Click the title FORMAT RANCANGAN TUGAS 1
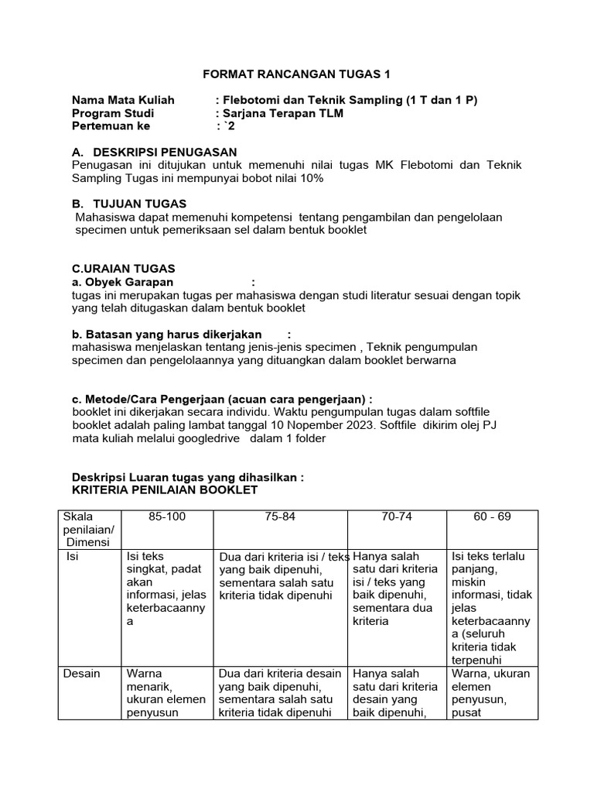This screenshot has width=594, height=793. [297, 74]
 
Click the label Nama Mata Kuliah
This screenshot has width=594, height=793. [123, 100]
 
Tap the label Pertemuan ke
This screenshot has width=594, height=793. [111, 126]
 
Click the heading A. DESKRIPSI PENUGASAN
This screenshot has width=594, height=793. [154, 152]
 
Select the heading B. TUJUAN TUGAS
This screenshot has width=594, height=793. [128, 204]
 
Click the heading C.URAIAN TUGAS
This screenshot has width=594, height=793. [124, 269]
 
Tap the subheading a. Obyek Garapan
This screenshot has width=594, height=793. [122, 282]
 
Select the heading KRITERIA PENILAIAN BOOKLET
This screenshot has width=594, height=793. [165, 490]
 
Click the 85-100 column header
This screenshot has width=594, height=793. [167, 517]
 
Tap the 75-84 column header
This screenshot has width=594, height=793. [280, 517]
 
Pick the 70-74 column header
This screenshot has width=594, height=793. [397, 517]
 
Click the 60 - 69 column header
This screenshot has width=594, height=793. [493, 517]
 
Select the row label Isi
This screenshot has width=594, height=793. [73, 556]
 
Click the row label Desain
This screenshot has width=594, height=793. [81, 673]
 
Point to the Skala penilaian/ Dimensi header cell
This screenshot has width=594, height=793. [88, 530]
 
